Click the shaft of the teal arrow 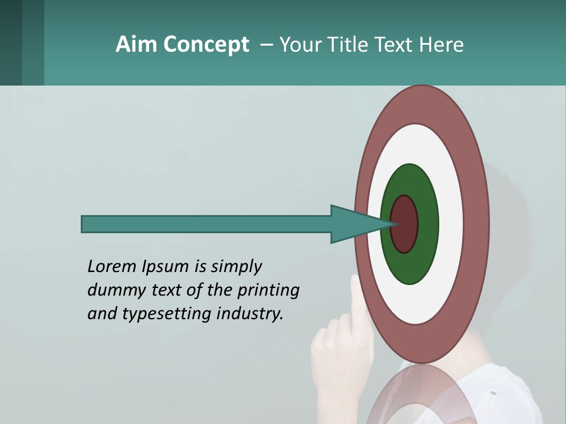pos(206,224)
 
